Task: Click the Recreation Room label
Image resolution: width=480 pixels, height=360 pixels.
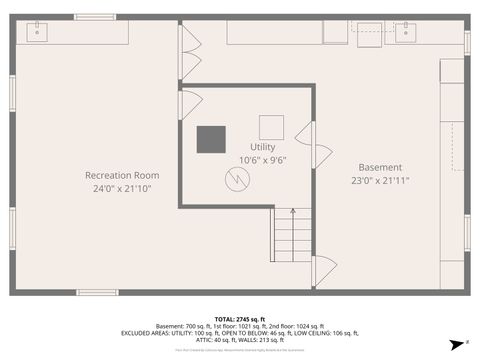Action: coord(121,175)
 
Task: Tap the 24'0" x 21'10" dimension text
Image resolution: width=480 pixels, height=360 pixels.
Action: coord(121,188)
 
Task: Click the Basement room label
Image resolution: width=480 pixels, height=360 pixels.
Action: coord(381,167)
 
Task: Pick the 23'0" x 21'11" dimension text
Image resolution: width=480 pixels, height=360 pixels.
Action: coord(381,180)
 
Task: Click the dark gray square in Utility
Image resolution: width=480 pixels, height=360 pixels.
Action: coord(210,139)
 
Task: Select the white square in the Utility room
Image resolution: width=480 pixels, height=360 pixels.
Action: coord(272,127)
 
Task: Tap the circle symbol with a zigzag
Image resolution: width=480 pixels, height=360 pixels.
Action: coord(238,179)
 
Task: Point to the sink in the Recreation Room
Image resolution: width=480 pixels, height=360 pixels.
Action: coord(38,32)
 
